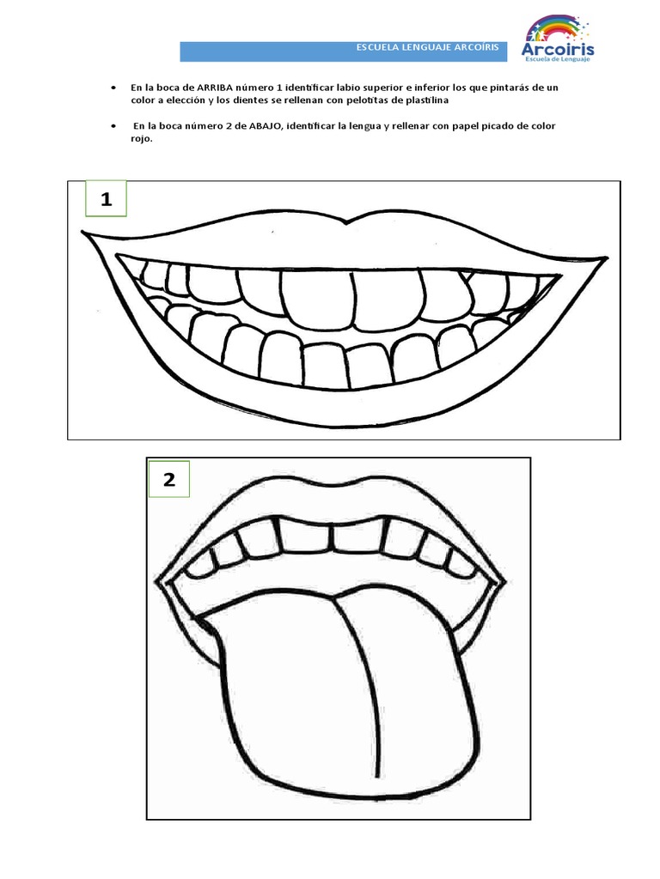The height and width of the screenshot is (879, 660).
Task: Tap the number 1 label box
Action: [x=106, y=200]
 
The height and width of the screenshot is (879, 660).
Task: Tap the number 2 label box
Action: [x=169, y=480]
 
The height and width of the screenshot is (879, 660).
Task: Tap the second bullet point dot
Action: [x=113, y=126]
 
